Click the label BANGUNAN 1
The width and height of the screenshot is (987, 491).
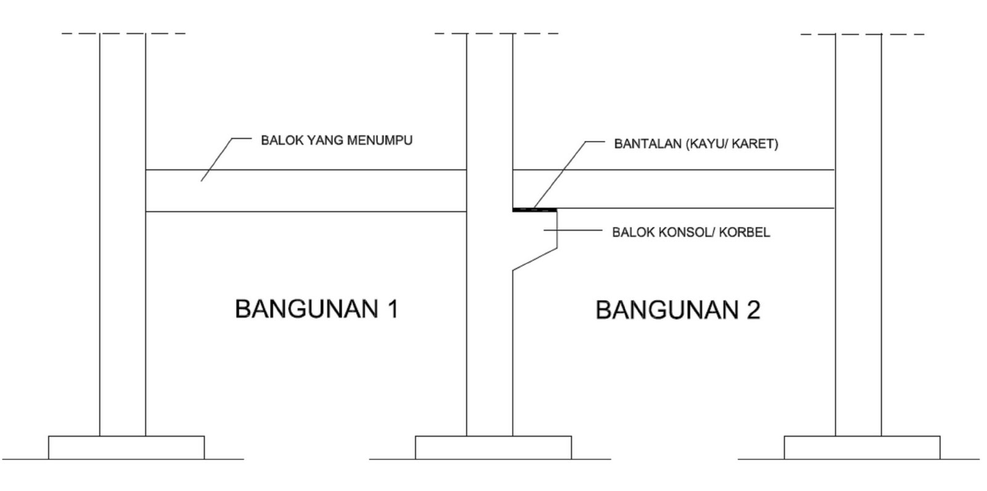316,308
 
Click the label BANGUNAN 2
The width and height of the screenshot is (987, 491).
677,310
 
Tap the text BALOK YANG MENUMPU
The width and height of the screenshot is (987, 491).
336,140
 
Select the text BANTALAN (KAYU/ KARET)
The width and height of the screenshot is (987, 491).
696,144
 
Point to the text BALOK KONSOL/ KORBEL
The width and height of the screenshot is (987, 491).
690,233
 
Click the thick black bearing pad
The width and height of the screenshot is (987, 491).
534,210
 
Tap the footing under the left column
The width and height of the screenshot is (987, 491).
126,447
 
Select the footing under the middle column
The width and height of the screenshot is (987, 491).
493,447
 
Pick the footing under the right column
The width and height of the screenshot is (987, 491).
862,447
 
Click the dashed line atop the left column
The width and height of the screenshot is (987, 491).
123,33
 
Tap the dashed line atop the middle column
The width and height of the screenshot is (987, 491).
496,33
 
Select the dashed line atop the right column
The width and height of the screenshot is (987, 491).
862,34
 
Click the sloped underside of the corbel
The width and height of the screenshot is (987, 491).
535,259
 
